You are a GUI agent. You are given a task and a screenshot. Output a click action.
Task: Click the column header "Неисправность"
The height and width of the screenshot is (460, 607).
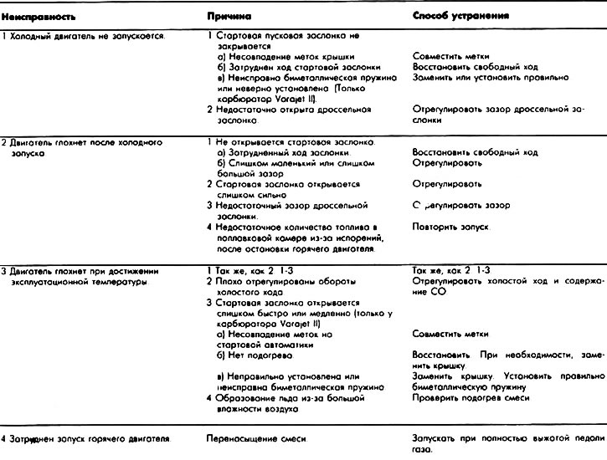[31, 15]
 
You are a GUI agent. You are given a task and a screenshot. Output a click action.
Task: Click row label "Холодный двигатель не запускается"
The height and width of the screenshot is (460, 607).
[85, 36]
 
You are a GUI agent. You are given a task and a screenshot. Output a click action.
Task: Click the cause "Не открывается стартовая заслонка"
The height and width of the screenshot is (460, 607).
[285, 142]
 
